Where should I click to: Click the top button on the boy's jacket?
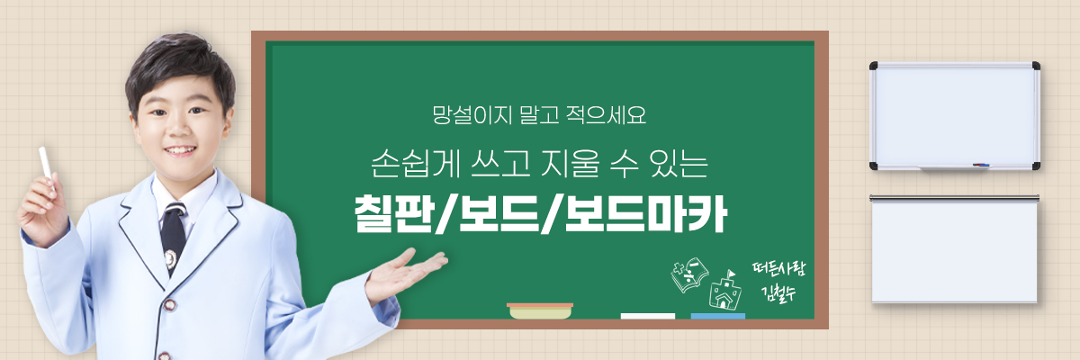[170, 304]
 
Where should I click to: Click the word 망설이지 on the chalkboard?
[472, 114]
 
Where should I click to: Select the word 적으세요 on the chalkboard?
[606, 114]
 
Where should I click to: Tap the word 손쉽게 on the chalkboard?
[416, 164]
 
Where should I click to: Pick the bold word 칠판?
[393, 213]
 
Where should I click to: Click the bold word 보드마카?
[646, 213]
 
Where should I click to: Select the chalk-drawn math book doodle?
[689, 274]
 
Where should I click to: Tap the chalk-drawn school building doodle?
[724, 290]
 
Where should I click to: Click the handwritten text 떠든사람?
[778, 269]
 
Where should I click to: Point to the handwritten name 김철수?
[778, 293]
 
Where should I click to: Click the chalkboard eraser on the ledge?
[540, 310]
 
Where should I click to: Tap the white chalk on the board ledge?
[647, 316]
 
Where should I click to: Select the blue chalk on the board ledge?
[718, 316]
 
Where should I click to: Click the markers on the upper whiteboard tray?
[981, 165]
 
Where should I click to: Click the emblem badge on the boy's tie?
[170, 259]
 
